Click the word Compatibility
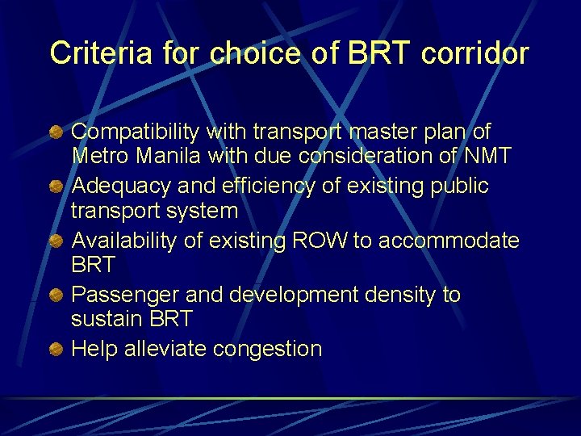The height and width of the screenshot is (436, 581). (136, 132)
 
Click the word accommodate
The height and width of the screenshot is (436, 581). (450, 241)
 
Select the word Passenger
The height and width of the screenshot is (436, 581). (121, 296)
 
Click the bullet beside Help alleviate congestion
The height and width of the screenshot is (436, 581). (57, 350)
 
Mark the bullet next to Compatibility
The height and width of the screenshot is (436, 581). (57, 132)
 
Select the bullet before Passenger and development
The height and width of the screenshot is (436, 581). (57, 296)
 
